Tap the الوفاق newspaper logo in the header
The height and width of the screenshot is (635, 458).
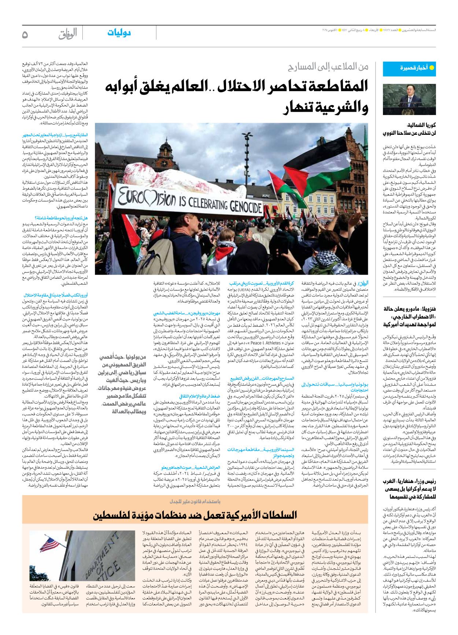(68, 34)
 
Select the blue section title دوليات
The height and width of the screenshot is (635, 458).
(119, 33)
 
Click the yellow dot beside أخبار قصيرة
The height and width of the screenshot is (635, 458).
(432, 68)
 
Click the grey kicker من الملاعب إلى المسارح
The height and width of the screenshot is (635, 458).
(328, 67)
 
